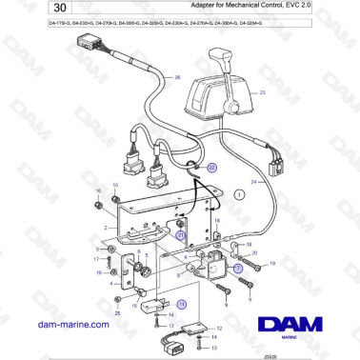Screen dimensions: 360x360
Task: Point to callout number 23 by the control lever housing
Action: pos(263,92)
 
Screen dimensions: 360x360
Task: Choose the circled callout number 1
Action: pos(240,193)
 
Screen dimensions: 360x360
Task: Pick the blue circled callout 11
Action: pos(182,303)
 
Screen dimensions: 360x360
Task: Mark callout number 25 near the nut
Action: pos(116,310)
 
